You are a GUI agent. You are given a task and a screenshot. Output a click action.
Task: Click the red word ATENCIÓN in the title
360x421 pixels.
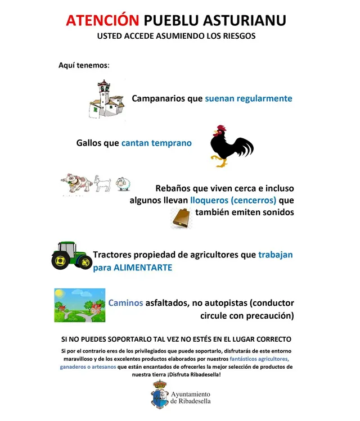point(102,20)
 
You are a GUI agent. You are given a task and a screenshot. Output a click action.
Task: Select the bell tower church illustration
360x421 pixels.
point(106,99)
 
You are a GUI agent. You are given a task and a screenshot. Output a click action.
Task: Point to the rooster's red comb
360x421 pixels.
point(220,128)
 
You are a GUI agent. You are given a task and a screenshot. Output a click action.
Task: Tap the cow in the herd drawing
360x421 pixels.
point(77,183)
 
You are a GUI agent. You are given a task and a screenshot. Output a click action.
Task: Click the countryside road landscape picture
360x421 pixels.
point(79,305)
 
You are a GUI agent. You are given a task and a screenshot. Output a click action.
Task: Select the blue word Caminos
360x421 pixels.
point(125,302)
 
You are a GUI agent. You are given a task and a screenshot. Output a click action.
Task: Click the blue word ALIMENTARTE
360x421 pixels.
point(142,268)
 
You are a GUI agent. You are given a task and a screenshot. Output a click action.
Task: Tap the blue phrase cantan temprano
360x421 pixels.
point(156,143)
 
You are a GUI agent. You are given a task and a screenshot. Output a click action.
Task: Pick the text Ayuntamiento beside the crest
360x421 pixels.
point(190,394)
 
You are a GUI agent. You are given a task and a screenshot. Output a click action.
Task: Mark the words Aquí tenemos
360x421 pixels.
point(84,65)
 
